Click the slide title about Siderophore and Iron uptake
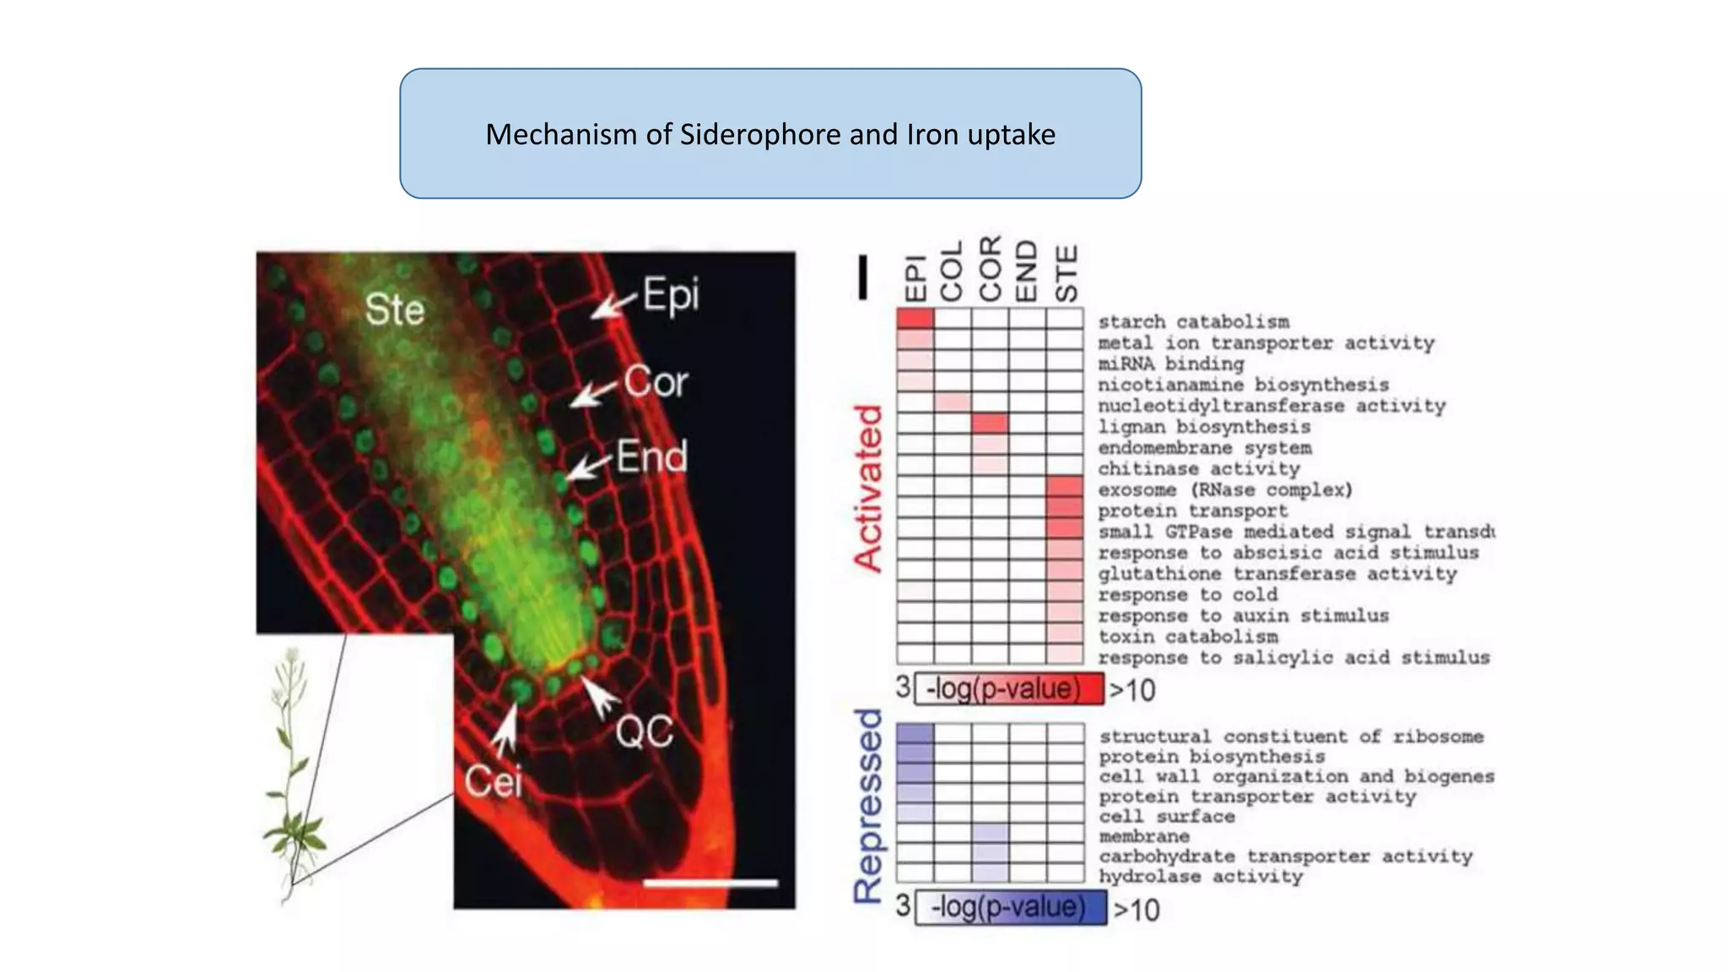769,134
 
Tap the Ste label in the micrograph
394,310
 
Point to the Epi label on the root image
671,295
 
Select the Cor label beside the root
656,382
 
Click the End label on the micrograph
651,456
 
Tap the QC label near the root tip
644,732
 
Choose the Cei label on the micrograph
493,780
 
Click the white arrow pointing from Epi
613,305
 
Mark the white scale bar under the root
710,883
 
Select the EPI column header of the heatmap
915,278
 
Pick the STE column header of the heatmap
1066,273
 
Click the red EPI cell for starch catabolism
915,319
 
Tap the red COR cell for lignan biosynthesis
990,424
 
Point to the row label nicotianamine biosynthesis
1243,385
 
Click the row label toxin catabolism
1187,637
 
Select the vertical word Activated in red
868,489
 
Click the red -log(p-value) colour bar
1009,689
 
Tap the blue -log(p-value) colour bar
1011,907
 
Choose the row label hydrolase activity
1201,877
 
